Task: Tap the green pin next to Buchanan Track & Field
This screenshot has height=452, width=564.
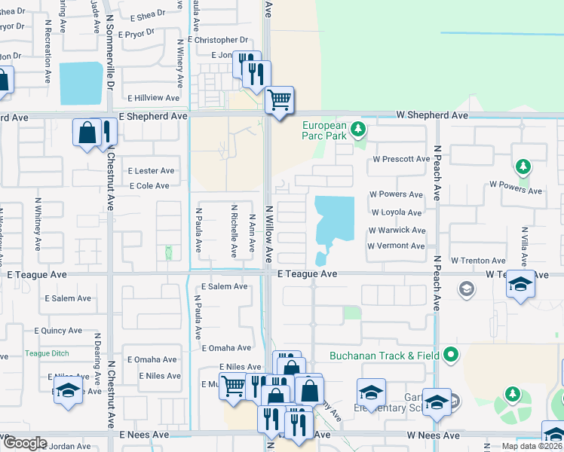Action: [451, 353]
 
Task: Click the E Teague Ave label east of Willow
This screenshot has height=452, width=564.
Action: [307, 274]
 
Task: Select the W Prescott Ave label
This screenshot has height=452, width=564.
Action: [400, 160]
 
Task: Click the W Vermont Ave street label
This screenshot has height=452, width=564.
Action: [396, 246]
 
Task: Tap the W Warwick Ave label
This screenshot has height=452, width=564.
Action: [396, 230]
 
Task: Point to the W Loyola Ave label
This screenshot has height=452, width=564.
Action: [396, 212]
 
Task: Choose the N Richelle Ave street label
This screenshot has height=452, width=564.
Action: [234, 232]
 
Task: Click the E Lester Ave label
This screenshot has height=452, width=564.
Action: [151, 171]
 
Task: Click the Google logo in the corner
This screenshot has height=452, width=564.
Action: [24, 443]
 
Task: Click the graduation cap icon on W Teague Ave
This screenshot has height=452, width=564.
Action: [519, 283]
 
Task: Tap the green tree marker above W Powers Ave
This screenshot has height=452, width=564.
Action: [521, 166]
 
